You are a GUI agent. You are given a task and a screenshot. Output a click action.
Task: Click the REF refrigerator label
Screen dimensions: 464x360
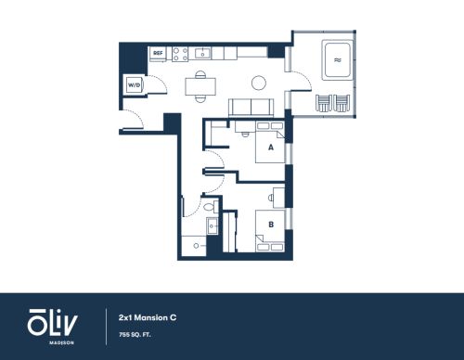click(158, 53)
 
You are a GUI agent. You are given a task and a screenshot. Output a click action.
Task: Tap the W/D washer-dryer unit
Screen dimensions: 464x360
click(134, 84)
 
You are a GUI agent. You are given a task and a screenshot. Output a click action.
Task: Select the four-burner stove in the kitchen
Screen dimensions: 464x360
click(180, 54)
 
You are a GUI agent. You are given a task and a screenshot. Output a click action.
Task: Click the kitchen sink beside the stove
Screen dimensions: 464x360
click(202, 53)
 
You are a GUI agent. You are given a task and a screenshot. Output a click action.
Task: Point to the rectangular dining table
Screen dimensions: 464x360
click(200, 86)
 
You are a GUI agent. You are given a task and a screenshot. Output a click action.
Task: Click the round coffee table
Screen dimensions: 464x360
click(259, 83)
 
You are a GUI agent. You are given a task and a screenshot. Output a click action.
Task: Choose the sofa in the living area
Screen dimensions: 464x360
click(251, 108)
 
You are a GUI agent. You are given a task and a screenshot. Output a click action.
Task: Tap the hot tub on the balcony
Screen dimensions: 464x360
click(338, 59)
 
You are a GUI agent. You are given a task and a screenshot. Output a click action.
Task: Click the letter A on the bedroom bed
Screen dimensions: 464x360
click(271, 148)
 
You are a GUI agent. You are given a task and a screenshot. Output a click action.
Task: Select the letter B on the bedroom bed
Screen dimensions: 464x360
click(271, 225)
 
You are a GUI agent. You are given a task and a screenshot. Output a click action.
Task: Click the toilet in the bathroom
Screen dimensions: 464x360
click(211, 206)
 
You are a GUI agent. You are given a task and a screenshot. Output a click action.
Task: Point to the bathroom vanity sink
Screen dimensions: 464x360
click(213, 225)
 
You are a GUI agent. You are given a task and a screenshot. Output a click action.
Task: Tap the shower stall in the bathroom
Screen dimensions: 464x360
click(194, 246)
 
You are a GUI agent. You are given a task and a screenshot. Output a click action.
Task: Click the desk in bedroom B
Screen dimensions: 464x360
click(279, 198)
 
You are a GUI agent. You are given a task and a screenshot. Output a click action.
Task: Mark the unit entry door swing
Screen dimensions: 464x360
click(134, 119)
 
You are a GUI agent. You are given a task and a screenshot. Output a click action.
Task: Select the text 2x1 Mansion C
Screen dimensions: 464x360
click(148, 317)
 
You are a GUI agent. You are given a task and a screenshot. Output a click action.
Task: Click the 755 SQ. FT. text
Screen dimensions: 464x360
click(135, 335)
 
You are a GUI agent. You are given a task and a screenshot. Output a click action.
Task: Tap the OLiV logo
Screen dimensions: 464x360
click(53, 322)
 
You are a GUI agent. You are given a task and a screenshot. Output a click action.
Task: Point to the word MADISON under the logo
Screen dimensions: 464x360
click(61, 342)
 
